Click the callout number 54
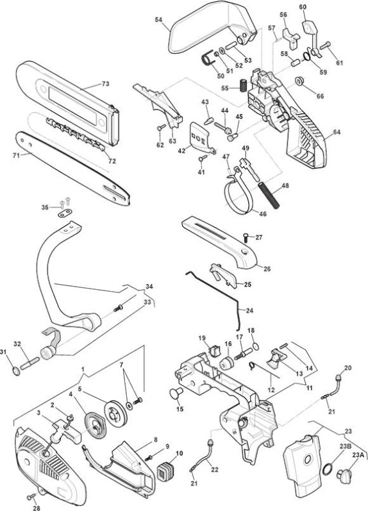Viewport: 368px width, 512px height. point(158,20)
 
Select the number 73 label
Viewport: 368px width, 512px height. point(105,84)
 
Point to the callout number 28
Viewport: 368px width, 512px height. point(37,508)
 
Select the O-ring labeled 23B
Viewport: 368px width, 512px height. point(328,470)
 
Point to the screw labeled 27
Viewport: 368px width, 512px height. point(246,237)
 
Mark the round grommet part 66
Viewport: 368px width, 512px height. point(299,81)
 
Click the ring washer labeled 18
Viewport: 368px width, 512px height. point(256,346)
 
